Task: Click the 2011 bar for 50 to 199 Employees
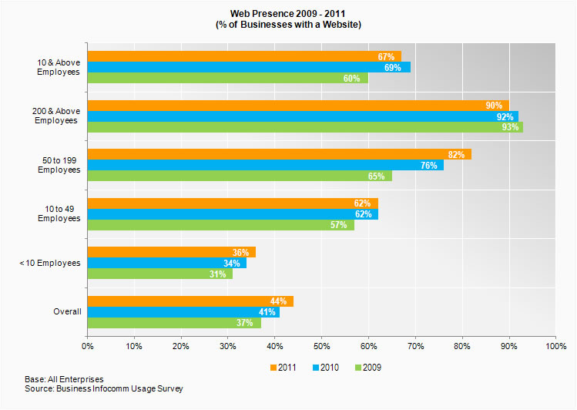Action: coord(277,155)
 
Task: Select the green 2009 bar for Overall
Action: coord(173,323)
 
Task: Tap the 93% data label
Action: coord(509,127)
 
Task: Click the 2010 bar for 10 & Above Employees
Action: coord(248,67)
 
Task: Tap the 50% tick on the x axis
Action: coord(321,347)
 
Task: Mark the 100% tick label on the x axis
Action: coord(555,347)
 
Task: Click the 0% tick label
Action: coord(88,347)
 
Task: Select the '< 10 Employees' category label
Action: coord(49,263)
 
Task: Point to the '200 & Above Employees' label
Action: coord(56,116)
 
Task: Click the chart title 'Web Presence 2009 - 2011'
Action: coord(288,14)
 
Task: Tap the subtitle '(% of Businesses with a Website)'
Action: coord(288,25)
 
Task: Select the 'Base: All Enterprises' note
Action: coord(64,379)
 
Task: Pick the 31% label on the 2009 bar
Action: coord(218,274)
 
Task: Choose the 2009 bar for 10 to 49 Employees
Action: coord(220,225)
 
